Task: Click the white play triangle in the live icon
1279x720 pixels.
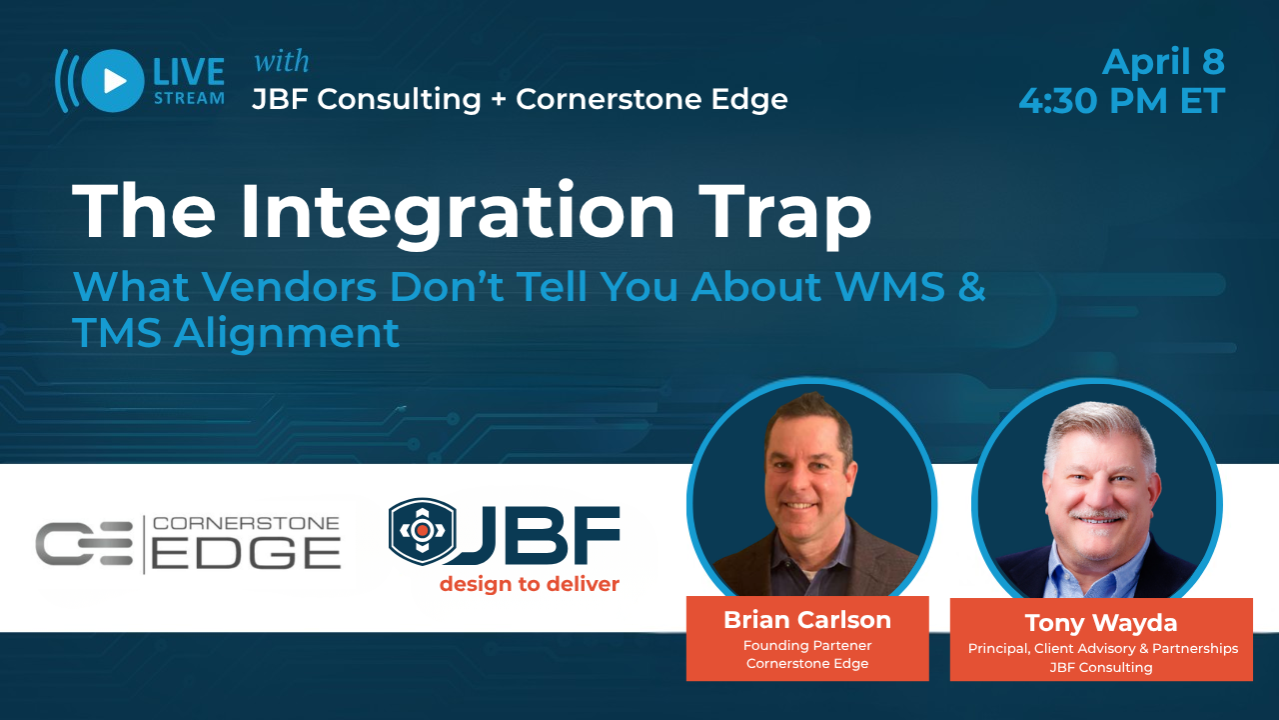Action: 115,81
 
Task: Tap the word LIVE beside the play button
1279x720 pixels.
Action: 189,72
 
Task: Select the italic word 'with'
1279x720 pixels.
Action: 282,61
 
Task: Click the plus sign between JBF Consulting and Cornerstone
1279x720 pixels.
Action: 499,99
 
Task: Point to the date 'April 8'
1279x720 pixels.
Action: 1163,62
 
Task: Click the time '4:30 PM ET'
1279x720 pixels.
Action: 1122,101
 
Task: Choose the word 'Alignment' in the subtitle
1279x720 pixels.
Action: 287,333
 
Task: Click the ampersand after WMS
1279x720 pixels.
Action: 972,286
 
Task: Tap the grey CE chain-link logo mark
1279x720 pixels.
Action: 84,543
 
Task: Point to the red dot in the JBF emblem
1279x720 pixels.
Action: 422,530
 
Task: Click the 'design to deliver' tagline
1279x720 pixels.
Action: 530,584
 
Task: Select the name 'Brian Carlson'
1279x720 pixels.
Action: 807,620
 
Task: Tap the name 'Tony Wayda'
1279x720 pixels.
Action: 1101,623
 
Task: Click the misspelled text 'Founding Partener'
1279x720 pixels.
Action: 807,645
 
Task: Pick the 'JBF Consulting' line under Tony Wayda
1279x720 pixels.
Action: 1101,667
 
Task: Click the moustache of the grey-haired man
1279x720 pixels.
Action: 1097,515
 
